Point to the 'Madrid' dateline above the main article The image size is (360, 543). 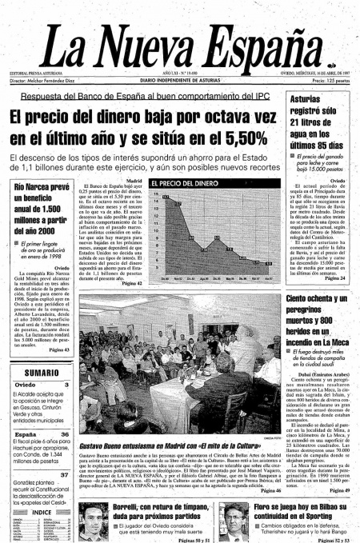(134, 182)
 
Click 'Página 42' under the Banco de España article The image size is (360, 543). (132, 283)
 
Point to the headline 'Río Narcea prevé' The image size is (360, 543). (39, 188)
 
